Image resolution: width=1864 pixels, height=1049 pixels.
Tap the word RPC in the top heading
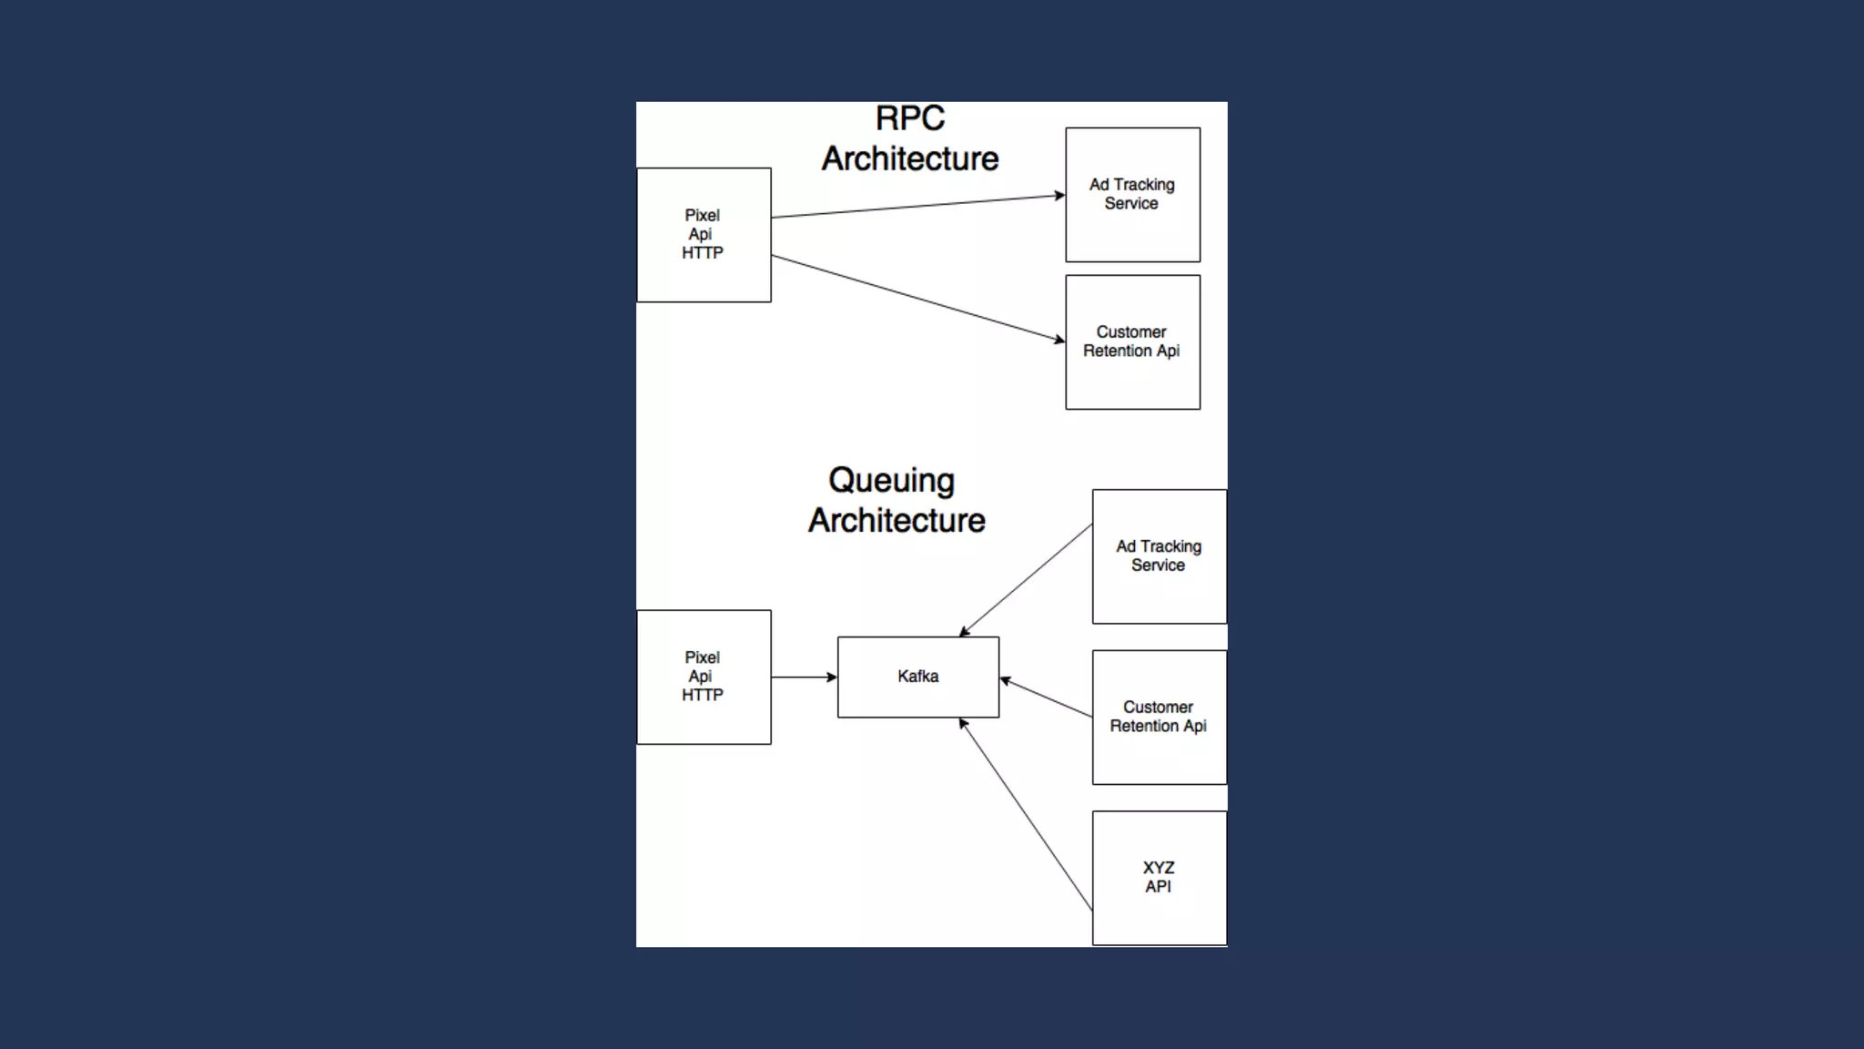(x=909, y=118)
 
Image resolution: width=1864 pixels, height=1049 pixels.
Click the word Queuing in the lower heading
(x=891, y=481)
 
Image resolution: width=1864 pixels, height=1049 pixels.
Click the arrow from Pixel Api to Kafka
(x=804, y=677)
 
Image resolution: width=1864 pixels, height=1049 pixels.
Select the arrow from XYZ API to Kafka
(x=1026, y=814)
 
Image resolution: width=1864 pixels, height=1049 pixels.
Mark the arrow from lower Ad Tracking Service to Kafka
(x=1026, y=579)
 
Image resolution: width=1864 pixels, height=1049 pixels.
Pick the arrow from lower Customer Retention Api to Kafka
(x=1046, y=698)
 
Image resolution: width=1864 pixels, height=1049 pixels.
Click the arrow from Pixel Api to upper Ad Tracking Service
(x=917, y=206)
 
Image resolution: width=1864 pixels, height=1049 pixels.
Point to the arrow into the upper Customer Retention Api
(x=917, y=298)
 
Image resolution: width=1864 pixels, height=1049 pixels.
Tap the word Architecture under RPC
(x=909, y=158)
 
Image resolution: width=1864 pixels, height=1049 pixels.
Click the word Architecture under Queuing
(x=897, y=521)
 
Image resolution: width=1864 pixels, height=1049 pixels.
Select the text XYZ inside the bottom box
(x=1159, y=867)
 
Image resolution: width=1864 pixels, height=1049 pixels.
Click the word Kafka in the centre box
(x=917, y=677)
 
